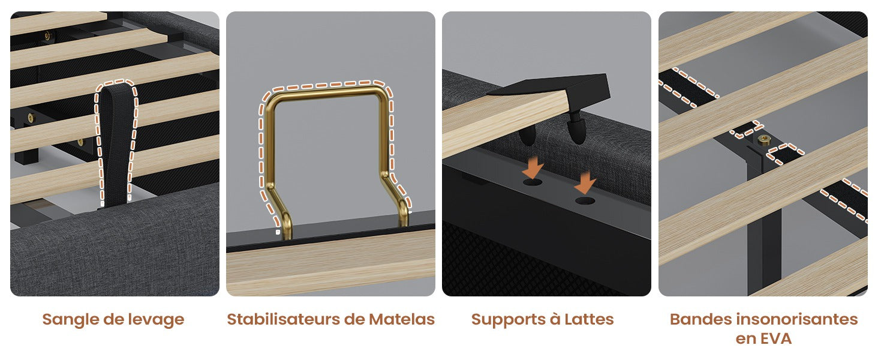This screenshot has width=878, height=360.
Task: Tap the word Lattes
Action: [589, 319]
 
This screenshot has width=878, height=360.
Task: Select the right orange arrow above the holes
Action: [585, 183]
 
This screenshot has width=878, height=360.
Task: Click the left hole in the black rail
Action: [533, 182]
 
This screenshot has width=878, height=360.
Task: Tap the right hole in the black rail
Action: [585, 202]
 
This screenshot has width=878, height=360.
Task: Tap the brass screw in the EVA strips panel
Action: [763, 139]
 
